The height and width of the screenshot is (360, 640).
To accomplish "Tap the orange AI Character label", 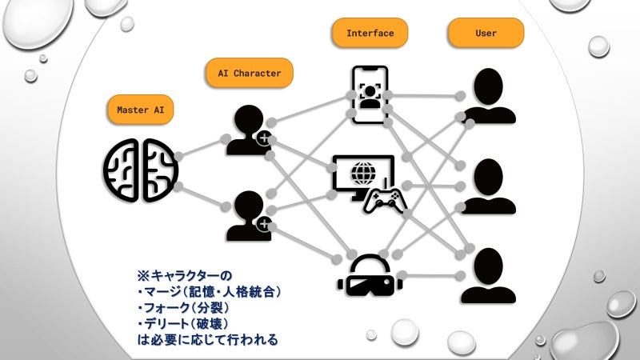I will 250,74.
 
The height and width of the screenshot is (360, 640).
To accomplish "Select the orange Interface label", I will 370,34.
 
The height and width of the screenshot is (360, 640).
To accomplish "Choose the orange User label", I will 486,34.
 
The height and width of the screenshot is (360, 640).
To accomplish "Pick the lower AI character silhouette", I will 246,216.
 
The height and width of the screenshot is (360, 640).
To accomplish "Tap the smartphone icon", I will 370,94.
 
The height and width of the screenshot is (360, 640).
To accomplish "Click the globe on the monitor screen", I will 362,172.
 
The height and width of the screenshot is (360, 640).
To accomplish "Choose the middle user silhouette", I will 489,186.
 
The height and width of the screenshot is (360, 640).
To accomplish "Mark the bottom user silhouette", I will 489,275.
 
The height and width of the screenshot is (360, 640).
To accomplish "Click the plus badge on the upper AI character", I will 263,139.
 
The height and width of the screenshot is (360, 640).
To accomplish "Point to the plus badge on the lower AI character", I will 263,224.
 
